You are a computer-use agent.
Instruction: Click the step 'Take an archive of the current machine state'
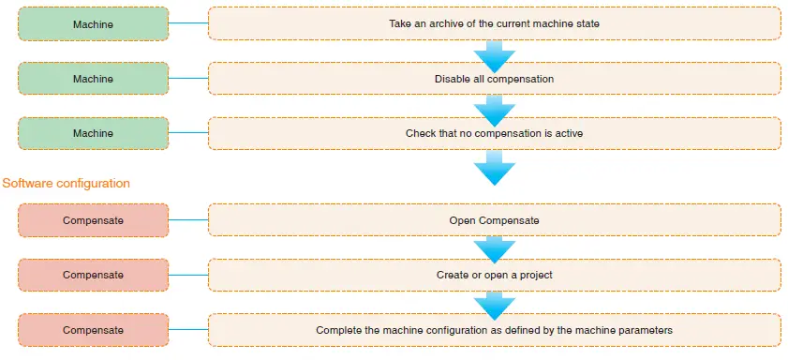click(494, 23)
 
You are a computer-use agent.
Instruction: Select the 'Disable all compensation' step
click(494, 79)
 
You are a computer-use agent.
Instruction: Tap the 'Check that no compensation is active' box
click(494, 133)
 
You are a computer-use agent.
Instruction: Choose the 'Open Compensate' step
click(494, 220)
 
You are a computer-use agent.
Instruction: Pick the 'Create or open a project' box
click(494, 275)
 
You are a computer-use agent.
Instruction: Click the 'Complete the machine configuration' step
click(494, 330)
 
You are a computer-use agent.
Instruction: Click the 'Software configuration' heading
click(67, 183)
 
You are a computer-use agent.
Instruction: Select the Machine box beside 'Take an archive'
click(93, 23)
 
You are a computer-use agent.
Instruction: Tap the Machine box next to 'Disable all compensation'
click(93, 79)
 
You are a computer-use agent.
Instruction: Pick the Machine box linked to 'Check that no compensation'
click(93, 133)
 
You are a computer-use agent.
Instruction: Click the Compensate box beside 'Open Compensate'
click(93, 220)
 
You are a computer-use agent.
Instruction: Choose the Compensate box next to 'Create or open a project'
click(93, 275)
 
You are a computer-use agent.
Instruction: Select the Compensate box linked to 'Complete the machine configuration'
click(93, 330)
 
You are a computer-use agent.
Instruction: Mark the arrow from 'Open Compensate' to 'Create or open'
click(494, 248)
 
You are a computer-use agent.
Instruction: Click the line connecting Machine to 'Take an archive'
click(187, 23)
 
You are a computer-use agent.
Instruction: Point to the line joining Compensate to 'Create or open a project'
click(187, 275)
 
